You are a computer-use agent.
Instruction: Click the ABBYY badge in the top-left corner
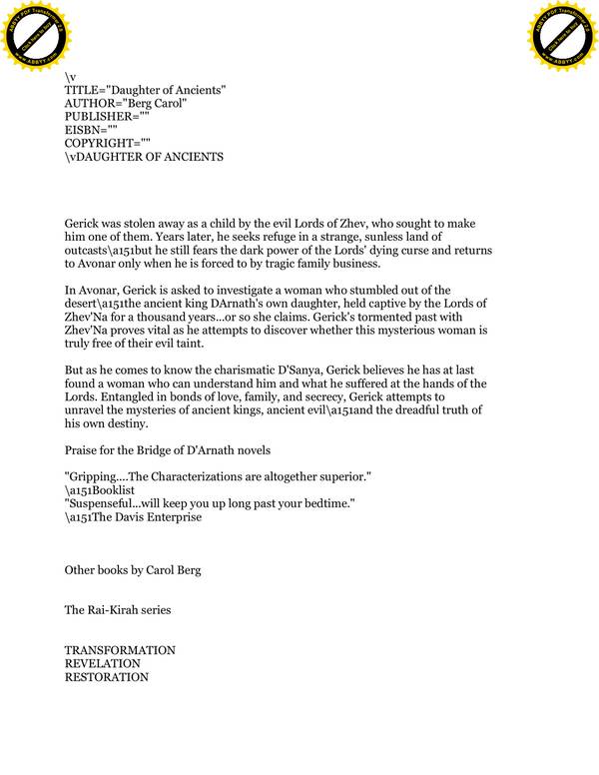pos(38,38)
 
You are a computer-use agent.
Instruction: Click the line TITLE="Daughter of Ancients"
pos(145,90)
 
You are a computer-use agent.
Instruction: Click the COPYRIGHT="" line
pos(107,144)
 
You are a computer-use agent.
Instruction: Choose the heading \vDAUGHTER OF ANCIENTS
pos(144,157)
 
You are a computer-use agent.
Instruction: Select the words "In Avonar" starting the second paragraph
pos(91,291)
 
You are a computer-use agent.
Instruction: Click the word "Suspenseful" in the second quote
pos(104,504)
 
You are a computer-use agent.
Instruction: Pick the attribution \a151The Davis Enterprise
pos(133,517)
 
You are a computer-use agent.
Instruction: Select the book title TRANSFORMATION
pos(120,650)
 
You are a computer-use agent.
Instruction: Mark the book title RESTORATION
pos(107,676)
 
